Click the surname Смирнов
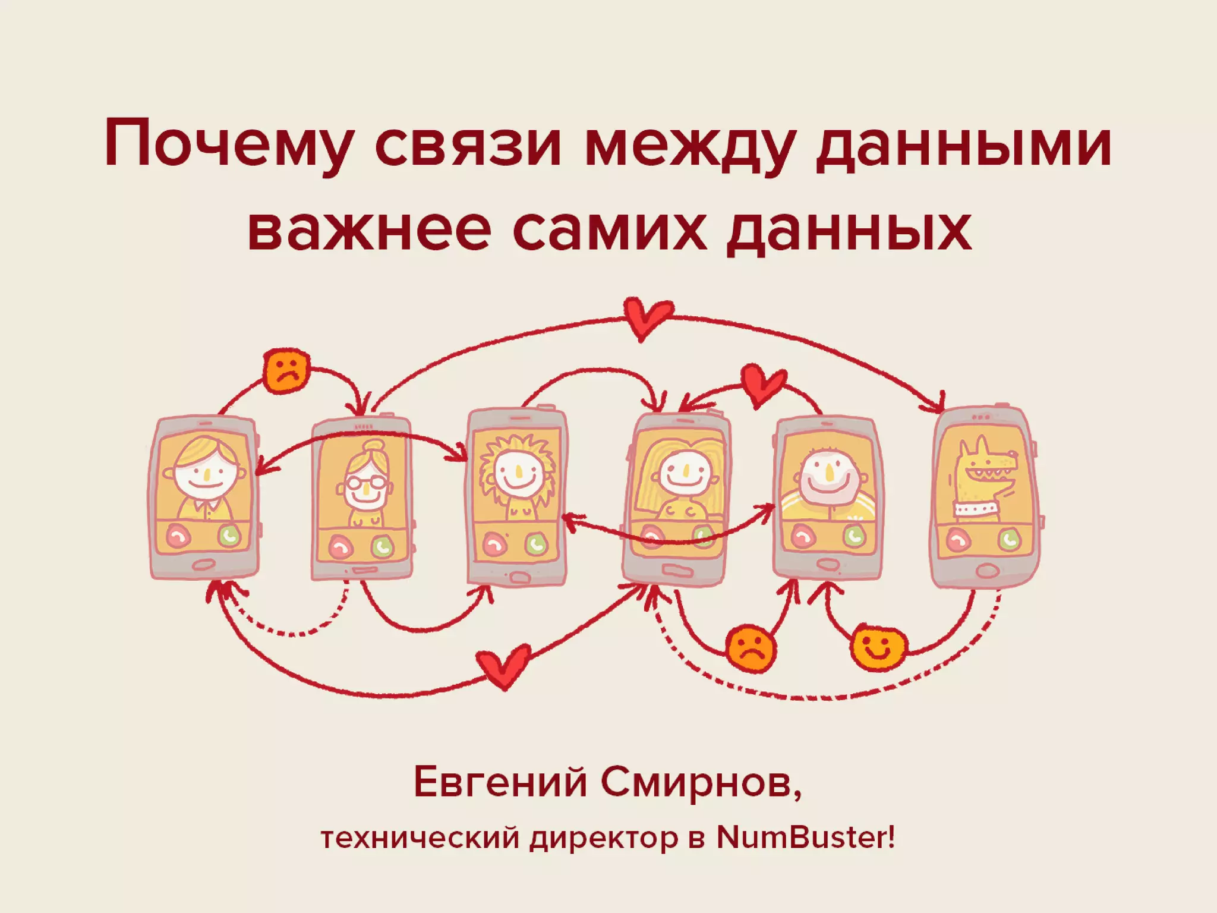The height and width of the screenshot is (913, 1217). pos(701,783)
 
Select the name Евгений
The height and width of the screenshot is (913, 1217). pos(500,783)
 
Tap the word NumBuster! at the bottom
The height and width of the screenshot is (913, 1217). pos(805,839)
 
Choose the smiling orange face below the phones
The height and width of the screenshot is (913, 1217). pos(879,647)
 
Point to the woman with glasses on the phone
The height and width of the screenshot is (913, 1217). pos(364,484)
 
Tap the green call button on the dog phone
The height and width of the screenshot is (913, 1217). pos(1008,540)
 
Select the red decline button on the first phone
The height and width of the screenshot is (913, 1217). pos(178,536)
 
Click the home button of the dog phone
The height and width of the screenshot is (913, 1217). pos(986,571)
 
